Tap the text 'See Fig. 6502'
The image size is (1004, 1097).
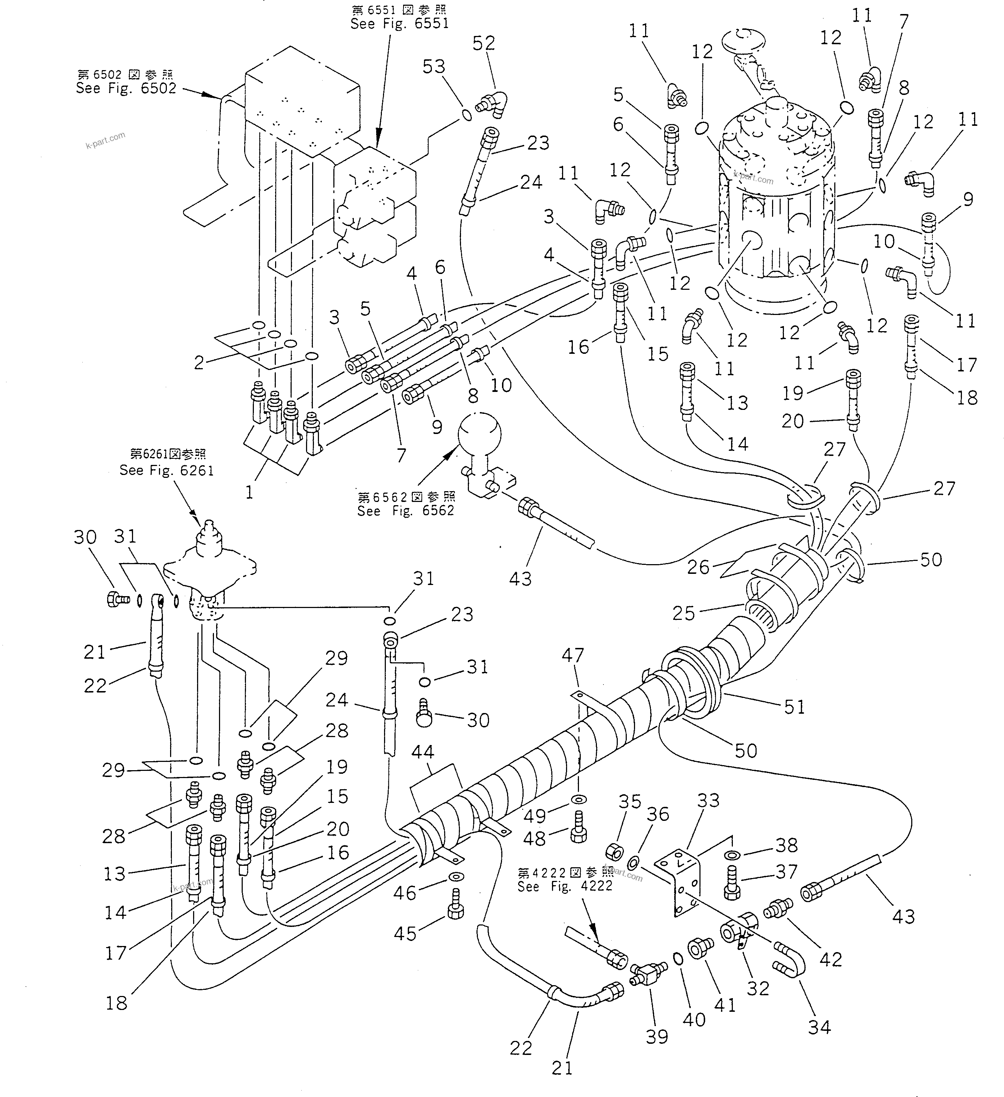pos(126,88)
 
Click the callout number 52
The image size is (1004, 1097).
pos(483,43)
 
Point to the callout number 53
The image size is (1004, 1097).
pos(434,67)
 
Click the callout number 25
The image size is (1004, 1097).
pos(684,613)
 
